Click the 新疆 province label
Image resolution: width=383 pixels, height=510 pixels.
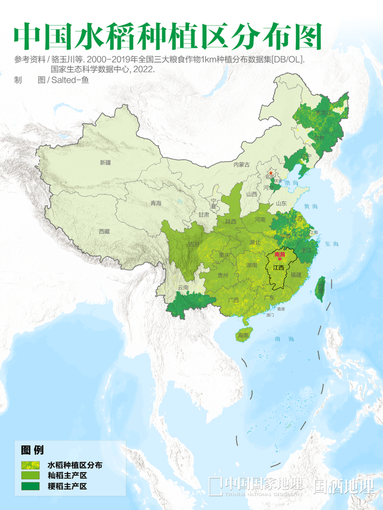[x=105, y=163]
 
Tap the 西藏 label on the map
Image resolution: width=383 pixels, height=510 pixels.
[x=104, y=231]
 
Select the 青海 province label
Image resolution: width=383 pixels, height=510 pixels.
[x=156, y=204]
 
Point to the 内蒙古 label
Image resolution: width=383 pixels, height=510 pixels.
[x=242, y=165]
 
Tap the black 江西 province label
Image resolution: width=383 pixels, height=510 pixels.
[x=278, y=267]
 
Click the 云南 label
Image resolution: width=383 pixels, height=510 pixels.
[x=183, y=288]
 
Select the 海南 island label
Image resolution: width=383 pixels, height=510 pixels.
[x=243, y=336]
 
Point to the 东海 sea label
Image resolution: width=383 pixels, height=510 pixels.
[x=331, y=244]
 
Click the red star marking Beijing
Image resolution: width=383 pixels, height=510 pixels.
[x=271, y=173]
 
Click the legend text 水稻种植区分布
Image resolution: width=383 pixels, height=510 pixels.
[x=75, y=465]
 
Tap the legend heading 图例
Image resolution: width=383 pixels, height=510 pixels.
[x=32, y=450]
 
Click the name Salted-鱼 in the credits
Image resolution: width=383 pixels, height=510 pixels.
[x=70, y=80]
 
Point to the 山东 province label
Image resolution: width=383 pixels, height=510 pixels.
[x=281, y=204]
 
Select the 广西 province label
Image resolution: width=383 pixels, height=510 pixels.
[x=234, y=300]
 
